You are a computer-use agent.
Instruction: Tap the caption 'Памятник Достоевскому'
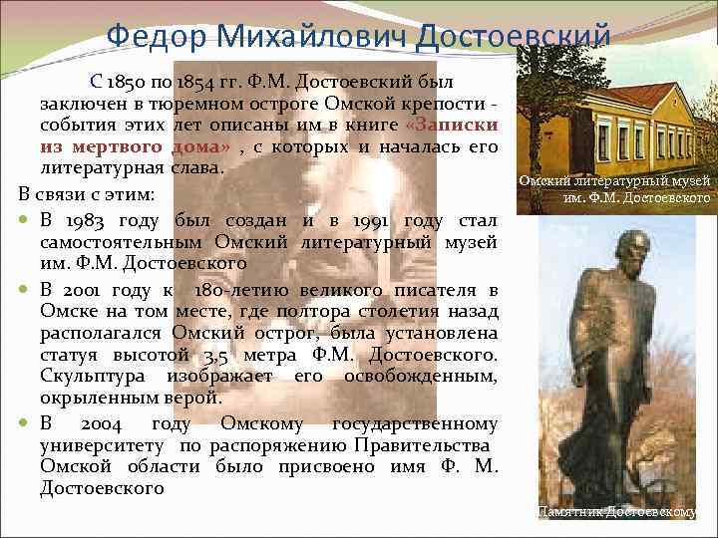(x=616, y=511)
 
